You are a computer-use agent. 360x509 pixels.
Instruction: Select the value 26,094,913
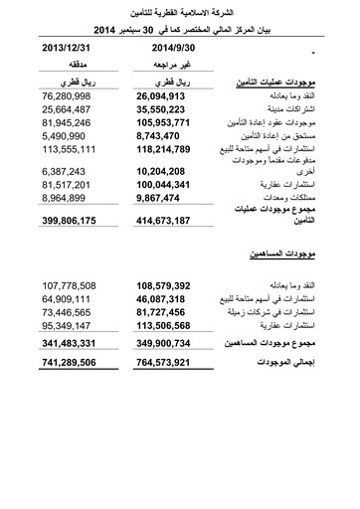click(x=157, y=95)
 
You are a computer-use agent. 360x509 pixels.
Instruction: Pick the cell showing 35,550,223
click(x=157, y=109)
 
